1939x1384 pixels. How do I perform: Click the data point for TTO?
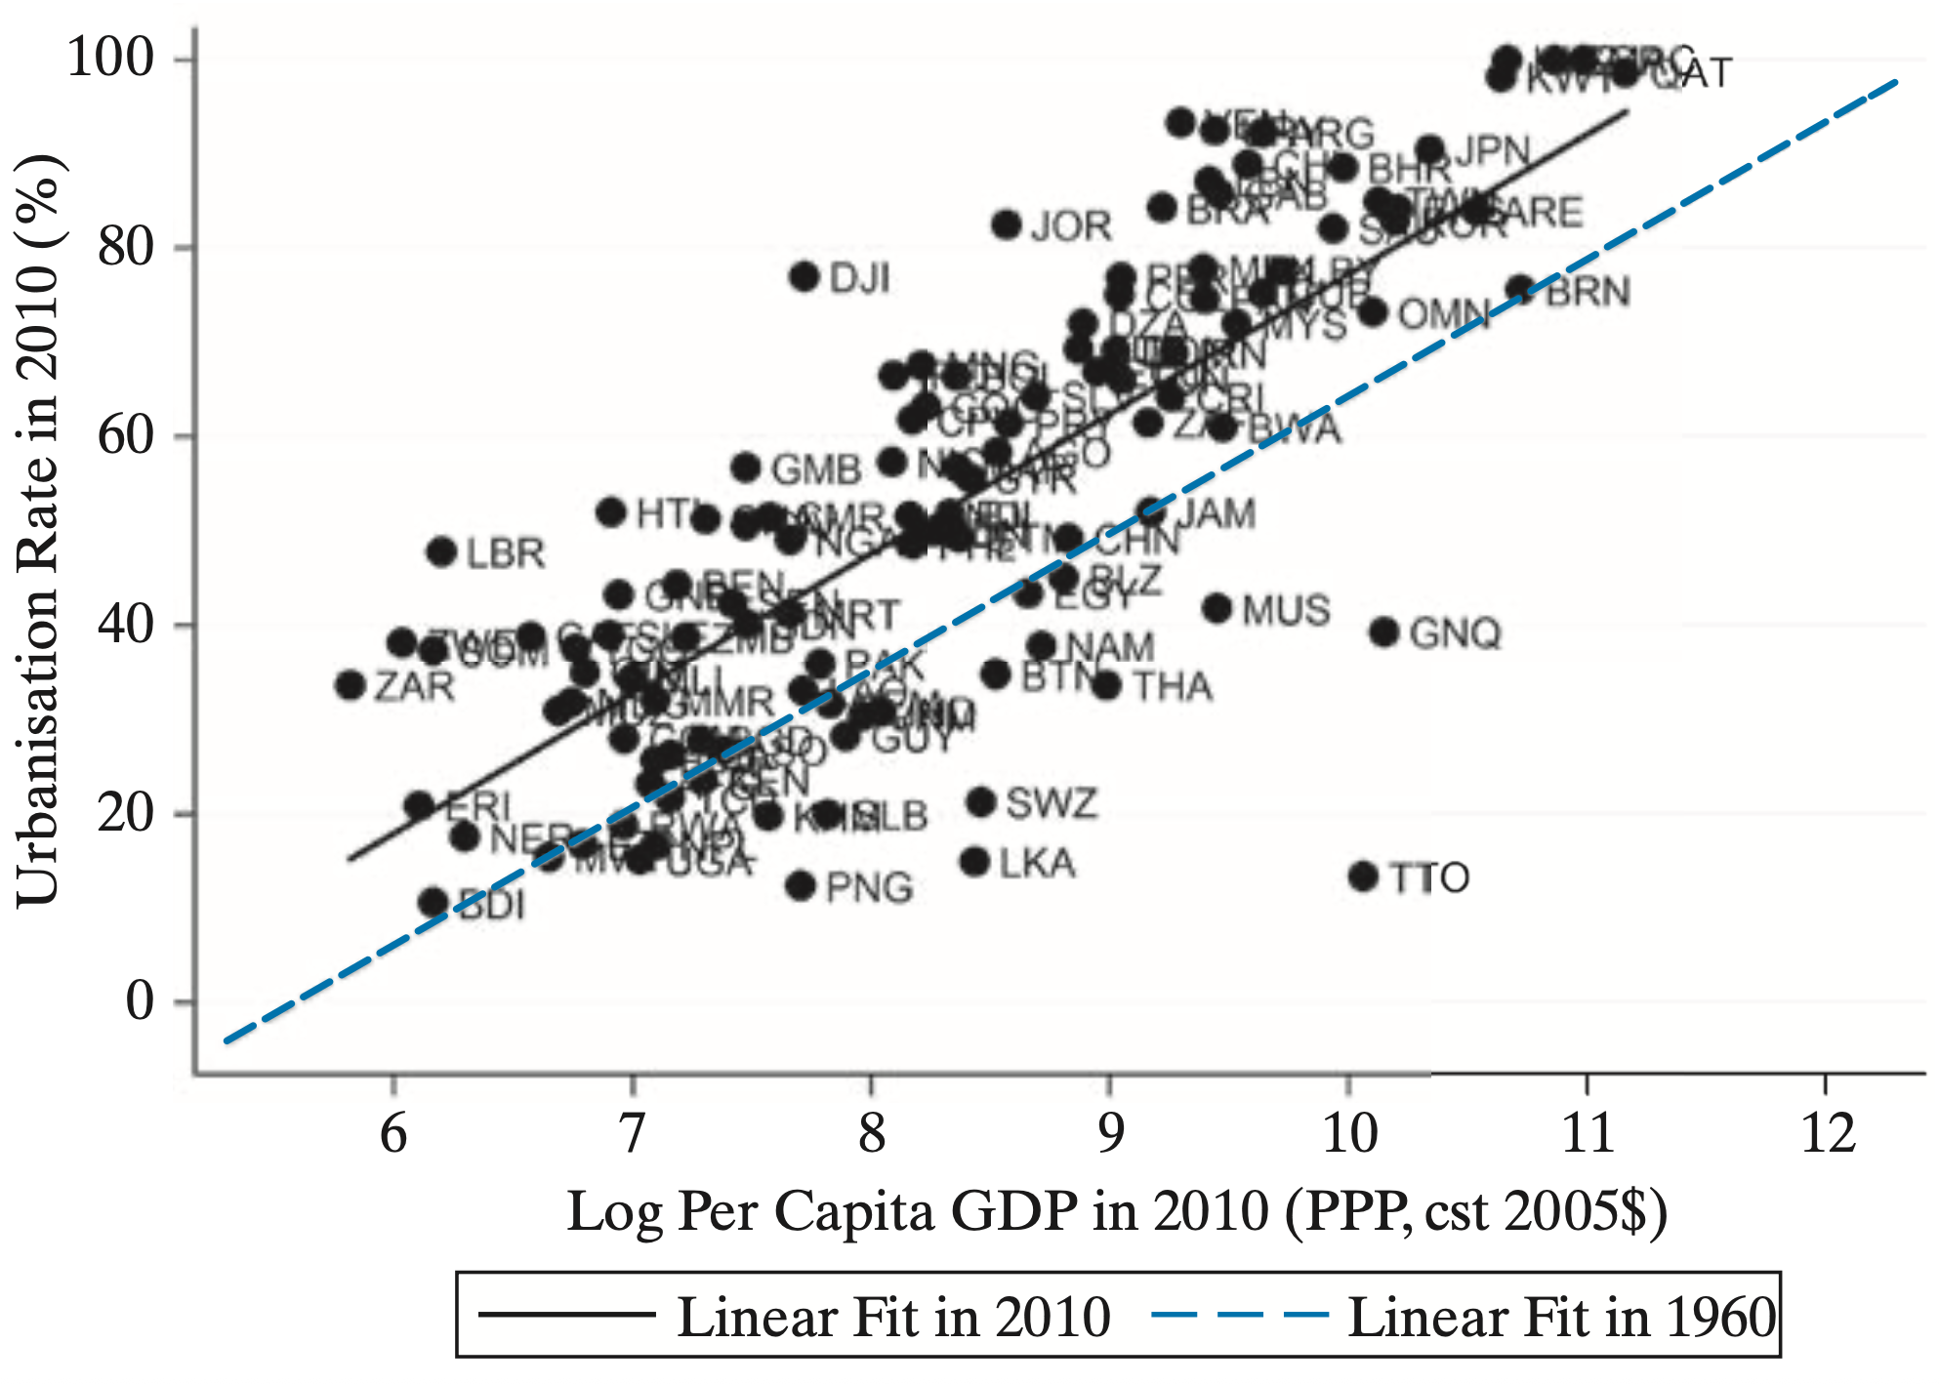point(1364,876)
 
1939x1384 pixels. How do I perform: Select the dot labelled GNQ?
point(1384,632)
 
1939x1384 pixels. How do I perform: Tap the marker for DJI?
point(804,277)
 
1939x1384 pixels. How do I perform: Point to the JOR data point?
point(1007,225)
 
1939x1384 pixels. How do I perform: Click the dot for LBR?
point(442,552)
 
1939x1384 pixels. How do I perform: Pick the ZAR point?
point(351,685)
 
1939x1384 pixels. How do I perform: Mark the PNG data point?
point(801,886)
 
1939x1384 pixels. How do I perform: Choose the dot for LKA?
point(975,862)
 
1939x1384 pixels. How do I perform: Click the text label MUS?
point(1286,611)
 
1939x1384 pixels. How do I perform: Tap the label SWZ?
point(1052,804)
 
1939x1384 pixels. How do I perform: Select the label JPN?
point(1493,152)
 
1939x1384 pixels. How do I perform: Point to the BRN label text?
point(1588,292)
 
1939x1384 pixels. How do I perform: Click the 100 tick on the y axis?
point(110,59)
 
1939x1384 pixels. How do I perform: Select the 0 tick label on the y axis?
point(140,1002)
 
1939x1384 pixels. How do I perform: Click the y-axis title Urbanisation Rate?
point(39,532)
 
